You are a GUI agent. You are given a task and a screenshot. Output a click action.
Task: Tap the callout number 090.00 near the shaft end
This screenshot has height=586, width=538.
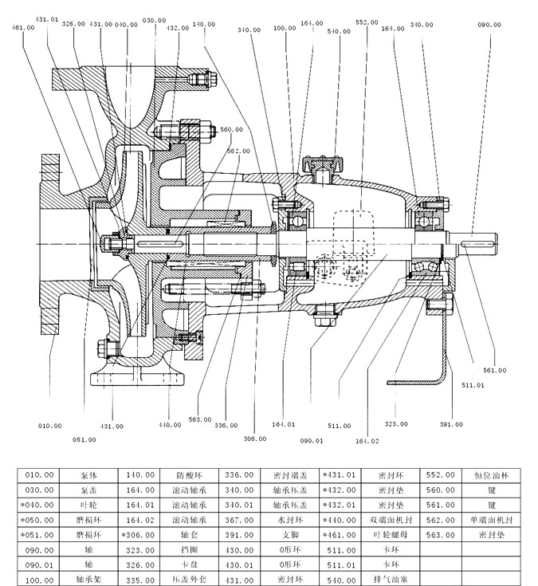489,24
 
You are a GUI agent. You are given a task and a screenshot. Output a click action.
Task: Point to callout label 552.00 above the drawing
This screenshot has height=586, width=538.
367,22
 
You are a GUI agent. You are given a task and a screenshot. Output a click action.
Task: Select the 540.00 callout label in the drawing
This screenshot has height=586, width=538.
339,32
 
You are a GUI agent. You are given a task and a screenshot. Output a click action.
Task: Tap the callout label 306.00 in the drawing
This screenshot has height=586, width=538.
254,438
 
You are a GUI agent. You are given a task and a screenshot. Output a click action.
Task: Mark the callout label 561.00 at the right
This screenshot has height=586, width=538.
495,370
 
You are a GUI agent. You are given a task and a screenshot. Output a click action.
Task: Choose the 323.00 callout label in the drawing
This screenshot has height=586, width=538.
396,425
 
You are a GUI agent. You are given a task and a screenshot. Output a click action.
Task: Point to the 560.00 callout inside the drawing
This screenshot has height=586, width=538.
232,129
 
